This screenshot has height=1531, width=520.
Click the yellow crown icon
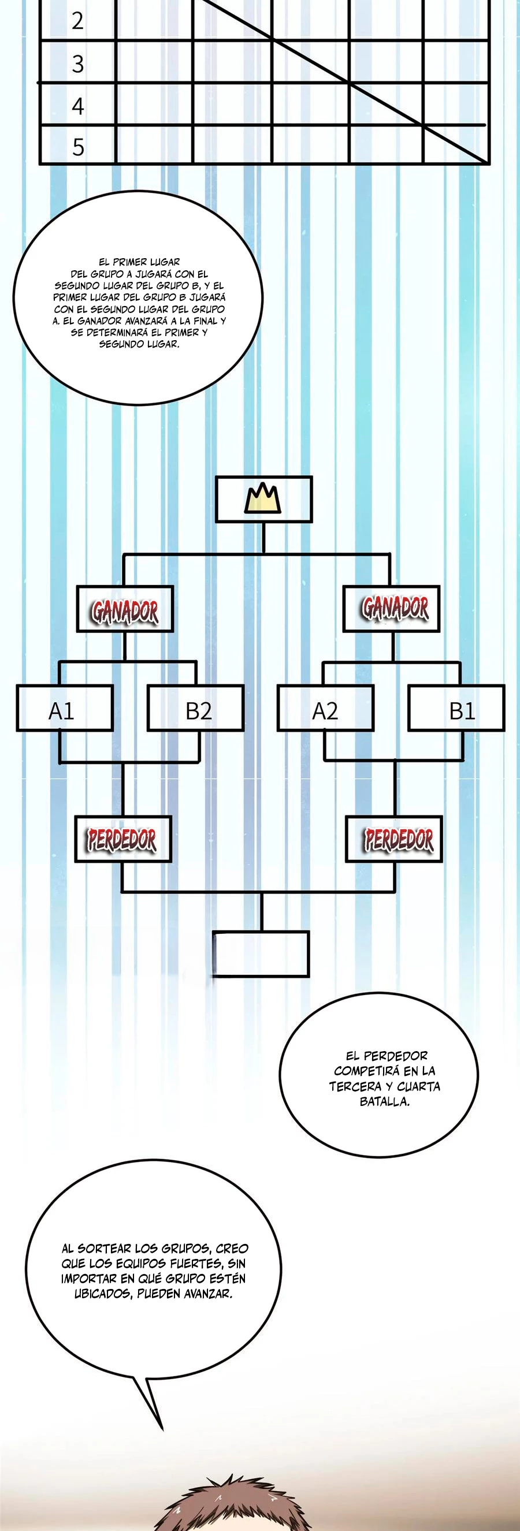(x=263, y=498)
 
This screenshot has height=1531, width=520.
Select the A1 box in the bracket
(x=64, y=709)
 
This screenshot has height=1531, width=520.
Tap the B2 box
(x=195, y=709)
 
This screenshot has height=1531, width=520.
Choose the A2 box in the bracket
(x=325, y=709)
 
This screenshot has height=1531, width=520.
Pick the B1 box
(x=456, y=709)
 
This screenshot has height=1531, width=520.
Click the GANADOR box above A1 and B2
(x=125, y=610)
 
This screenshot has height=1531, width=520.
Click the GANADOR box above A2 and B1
(x=391, y=609)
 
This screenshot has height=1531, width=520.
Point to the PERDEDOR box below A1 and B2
(x=122, y=839)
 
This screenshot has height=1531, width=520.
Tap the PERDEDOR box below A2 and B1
(x=394, y=839)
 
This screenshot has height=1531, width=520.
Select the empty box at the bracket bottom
(x=261, y=954)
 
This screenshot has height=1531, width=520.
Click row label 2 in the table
(x=78, y=21)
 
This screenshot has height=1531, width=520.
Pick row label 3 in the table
(x=78, y=64)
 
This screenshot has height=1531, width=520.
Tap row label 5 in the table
(x=78, y=147)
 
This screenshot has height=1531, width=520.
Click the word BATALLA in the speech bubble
(x=384, y=1101)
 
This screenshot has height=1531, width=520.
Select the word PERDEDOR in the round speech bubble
(x=395, y=1056)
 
